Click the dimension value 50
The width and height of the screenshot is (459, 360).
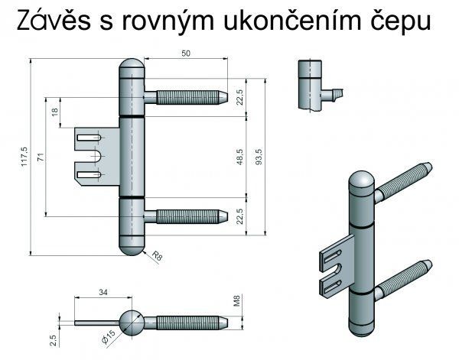click(187, 54)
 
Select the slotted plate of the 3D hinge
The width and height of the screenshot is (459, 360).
click(334, 268)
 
